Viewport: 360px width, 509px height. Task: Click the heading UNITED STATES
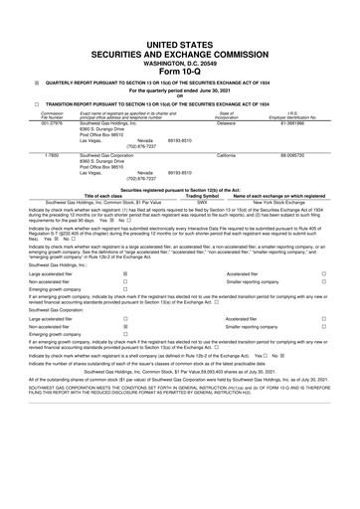(179, 38)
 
